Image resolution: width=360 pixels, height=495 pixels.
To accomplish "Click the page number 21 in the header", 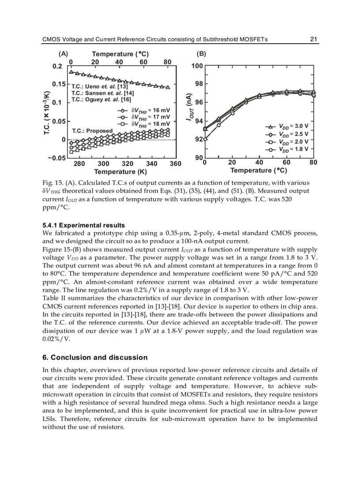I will [314, 39].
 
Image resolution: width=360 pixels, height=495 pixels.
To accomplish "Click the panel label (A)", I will [63, 54].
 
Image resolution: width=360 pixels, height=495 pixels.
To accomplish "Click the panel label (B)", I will [201, 54].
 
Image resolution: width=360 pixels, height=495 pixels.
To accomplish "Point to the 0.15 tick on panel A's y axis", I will [59, 84].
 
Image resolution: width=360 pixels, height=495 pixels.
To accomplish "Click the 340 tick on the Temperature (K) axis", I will [151, 164].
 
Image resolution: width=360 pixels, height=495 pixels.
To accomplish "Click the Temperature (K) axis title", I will [120, 171].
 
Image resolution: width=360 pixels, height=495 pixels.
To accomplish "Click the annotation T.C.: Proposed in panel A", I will [92, 131].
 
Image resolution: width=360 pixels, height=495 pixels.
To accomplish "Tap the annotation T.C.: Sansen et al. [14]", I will [103, 93].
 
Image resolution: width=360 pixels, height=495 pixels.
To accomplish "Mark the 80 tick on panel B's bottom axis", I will [313, 163].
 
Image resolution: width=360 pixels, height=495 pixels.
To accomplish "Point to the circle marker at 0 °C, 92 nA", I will [205, 139].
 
